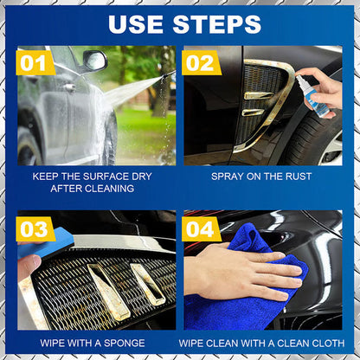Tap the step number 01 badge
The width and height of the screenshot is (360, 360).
[x=34, y=62]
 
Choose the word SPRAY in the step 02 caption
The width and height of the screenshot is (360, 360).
[x=228, y=176]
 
